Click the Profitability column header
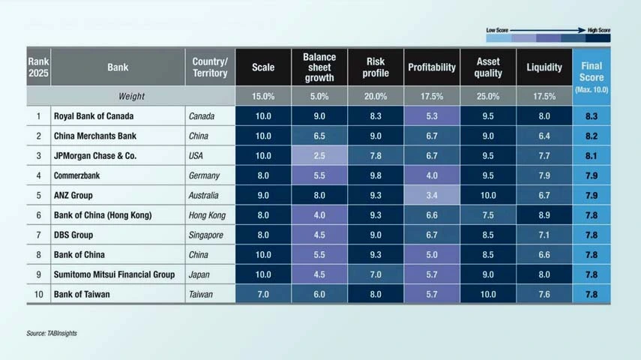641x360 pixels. click(x=432, y=67)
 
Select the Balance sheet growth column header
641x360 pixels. click(x=319, y=67)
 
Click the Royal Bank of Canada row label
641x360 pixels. click(x=93, y=116)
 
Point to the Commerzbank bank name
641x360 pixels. click(x=76, y=175)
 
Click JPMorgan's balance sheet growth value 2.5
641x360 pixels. click(x=319, y=156)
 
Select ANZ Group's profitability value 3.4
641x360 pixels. click(x=432, y=196)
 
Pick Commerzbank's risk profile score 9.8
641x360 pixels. click(x=376, y=175)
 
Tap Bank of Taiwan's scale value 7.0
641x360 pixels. click(x=263, y=295)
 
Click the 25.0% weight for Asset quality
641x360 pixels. click(x=488, y=97)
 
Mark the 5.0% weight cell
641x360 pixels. click(x=319, y=97)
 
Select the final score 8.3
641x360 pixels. click(x=592, y=116)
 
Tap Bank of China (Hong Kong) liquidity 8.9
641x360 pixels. click(x=544, y=215)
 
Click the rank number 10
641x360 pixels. click(x=38, y=295)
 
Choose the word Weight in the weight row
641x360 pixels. click(x=131, y=97)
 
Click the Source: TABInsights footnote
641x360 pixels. click(x=52, y=333)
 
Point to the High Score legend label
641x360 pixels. click(x=598, y=29)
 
